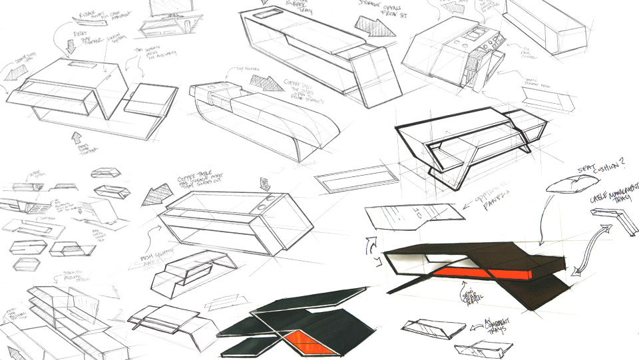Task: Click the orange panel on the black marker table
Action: click(x=486, y=271)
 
